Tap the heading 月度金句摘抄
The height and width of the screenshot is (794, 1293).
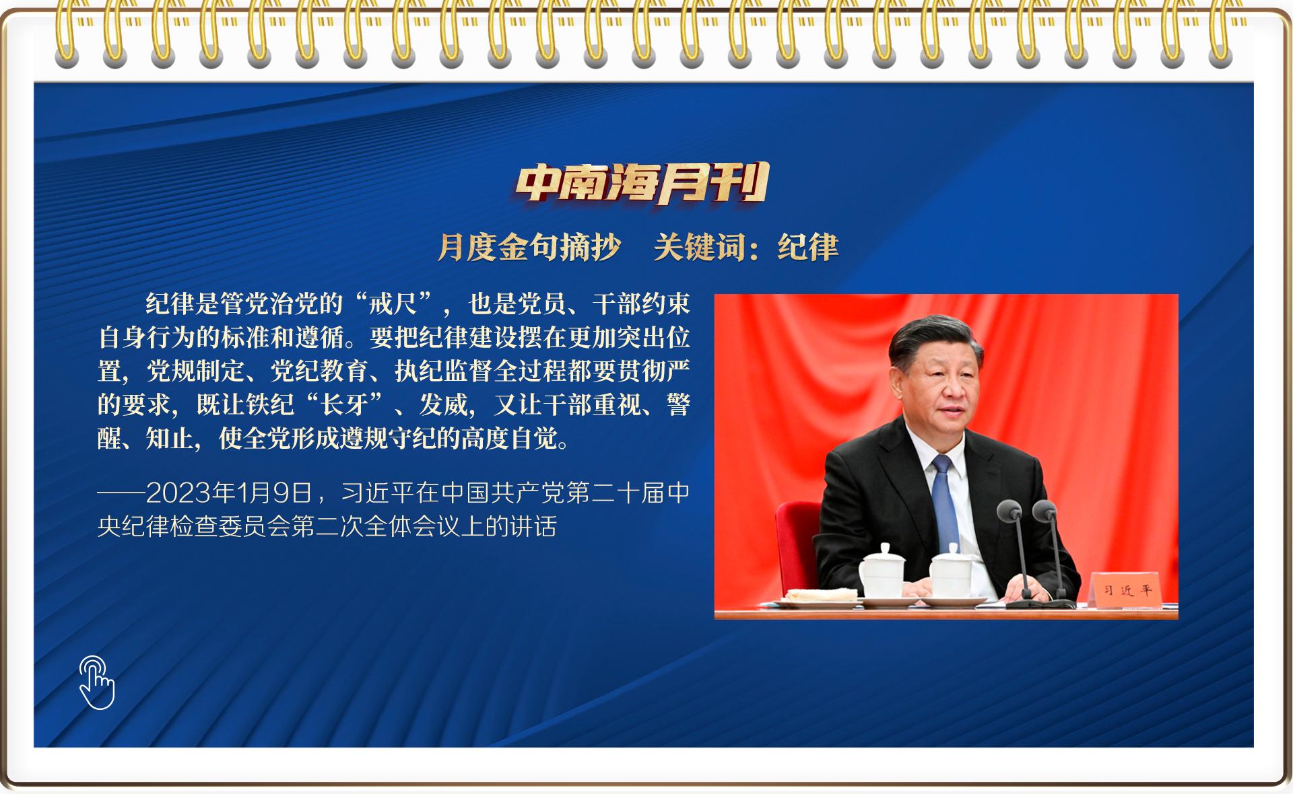(x=529, y=247)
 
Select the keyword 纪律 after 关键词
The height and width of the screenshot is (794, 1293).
(x=808, y=247)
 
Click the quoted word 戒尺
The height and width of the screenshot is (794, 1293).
(x=393, y=304)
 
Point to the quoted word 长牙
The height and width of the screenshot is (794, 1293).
(x=344, y=405)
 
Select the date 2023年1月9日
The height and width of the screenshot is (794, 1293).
(x=229, y=493)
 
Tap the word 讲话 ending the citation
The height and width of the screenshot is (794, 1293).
(x=533, y=526)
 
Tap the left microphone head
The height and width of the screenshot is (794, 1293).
(x=1009, y=510)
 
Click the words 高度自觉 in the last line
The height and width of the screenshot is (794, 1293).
(x=509, y=439)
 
